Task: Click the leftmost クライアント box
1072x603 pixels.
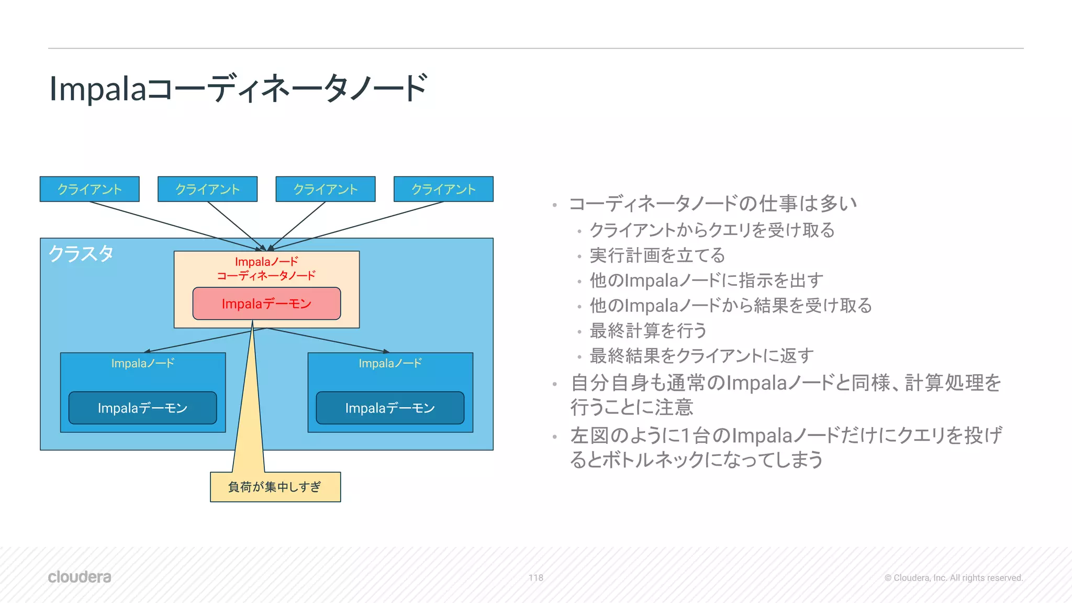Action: (90, 189)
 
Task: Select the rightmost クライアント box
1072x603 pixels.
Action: (443, 189)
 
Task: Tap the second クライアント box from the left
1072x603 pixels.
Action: (207, 189)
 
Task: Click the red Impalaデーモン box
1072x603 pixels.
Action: (266, 304)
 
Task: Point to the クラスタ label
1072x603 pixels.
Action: (81, 254)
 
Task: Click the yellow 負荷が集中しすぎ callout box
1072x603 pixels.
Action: (275, 487)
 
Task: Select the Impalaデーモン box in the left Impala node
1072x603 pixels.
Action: (142, 408)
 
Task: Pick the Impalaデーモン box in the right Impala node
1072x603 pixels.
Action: (390, 408)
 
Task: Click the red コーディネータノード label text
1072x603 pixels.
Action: (266, 275)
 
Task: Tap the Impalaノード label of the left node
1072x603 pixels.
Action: (142, 363)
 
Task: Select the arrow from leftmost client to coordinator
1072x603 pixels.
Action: (173, 226)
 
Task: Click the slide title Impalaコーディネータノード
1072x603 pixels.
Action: (238, 88)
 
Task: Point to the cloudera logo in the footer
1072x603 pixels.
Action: (80, 577)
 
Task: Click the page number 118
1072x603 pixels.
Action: (535, 578)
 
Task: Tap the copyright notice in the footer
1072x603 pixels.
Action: (953, 578)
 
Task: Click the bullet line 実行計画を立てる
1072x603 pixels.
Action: (657, 255)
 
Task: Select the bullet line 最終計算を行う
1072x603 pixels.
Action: (648, 331)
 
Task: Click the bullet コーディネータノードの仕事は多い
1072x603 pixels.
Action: (712, 204)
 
